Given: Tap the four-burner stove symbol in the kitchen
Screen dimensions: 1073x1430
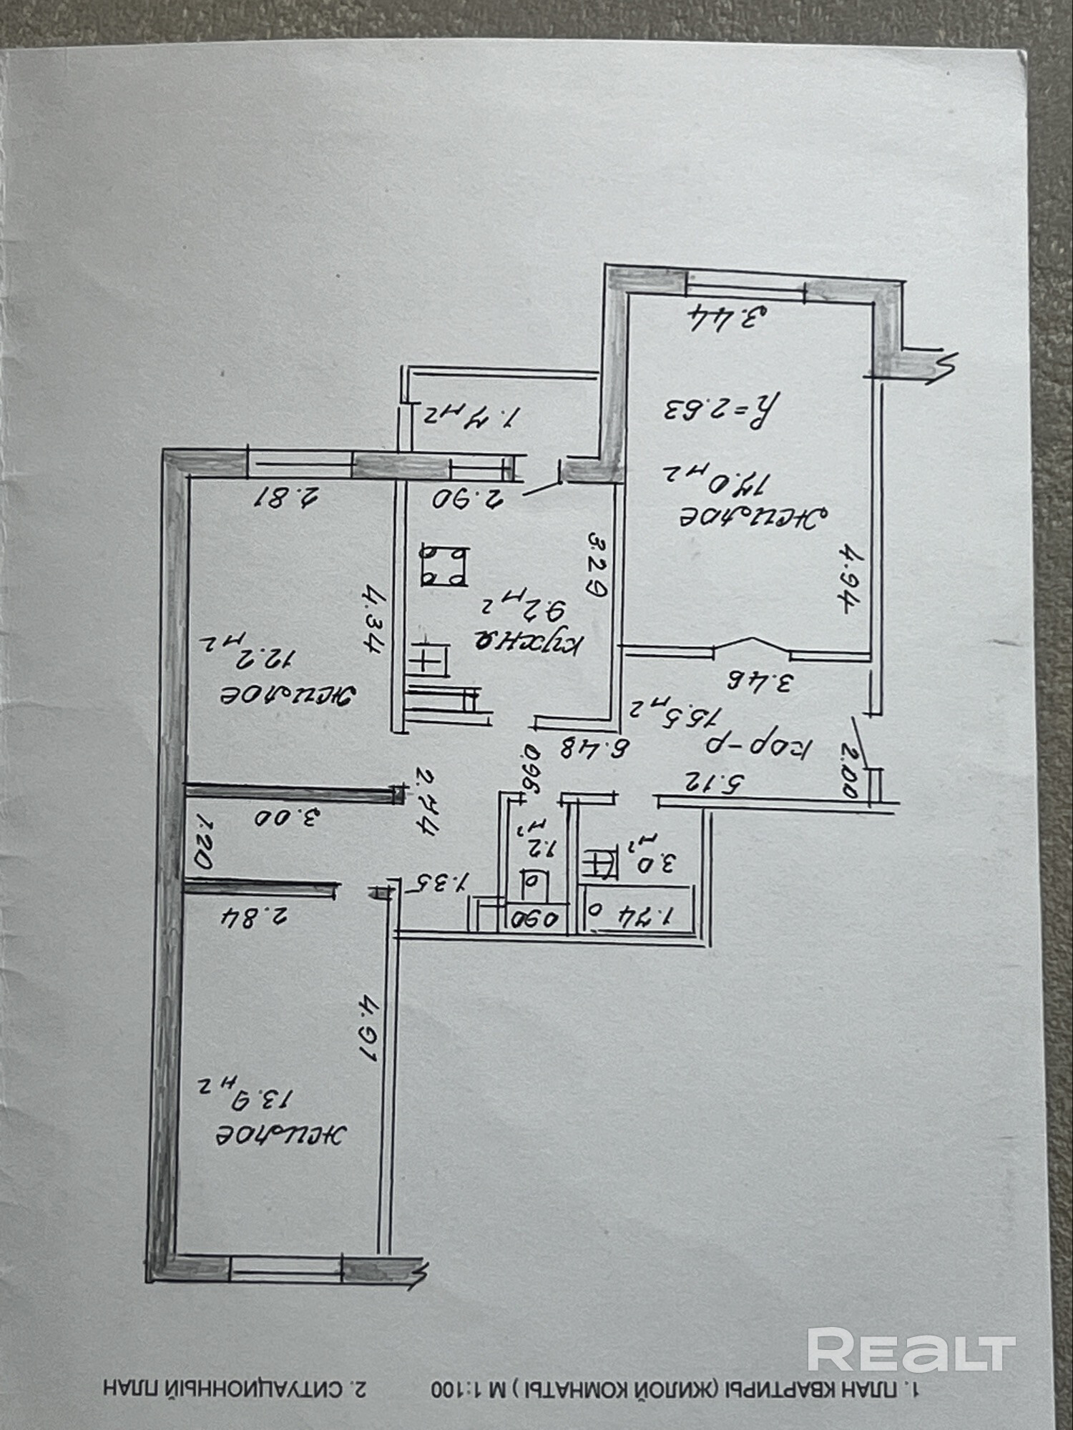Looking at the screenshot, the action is tap(444, 565).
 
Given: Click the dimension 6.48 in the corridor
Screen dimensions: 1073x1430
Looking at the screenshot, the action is tap(596, 749).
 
